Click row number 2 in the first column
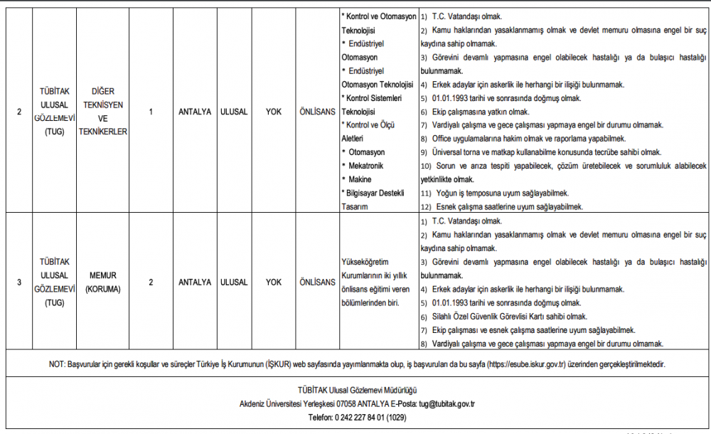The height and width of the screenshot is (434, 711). [x=19, y=112]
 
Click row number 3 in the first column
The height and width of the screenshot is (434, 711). [x=19, y=282]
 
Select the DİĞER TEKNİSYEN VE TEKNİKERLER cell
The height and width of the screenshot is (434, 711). [x=103, y=112]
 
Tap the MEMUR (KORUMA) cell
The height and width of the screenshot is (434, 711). [x=103, y=282]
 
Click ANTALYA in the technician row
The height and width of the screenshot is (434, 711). [x=195, y=112]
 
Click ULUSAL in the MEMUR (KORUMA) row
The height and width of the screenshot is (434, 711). [x=234, y=282]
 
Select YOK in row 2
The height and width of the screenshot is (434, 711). [x=274, y=112]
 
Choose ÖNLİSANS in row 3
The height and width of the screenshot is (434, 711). [x=316, y=282]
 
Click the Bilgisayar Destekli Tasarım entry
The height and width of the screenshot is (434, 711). [x=377, y=199]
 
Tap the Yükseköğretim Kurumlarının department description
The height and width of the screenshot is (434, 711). [x=377, y=282]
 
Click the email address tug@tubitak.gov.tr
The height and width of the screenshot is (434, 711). [x=447, y=404]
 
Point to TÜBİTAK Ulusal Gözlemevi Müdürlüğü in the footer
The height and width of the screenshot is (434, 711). [x=357, y=391]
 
